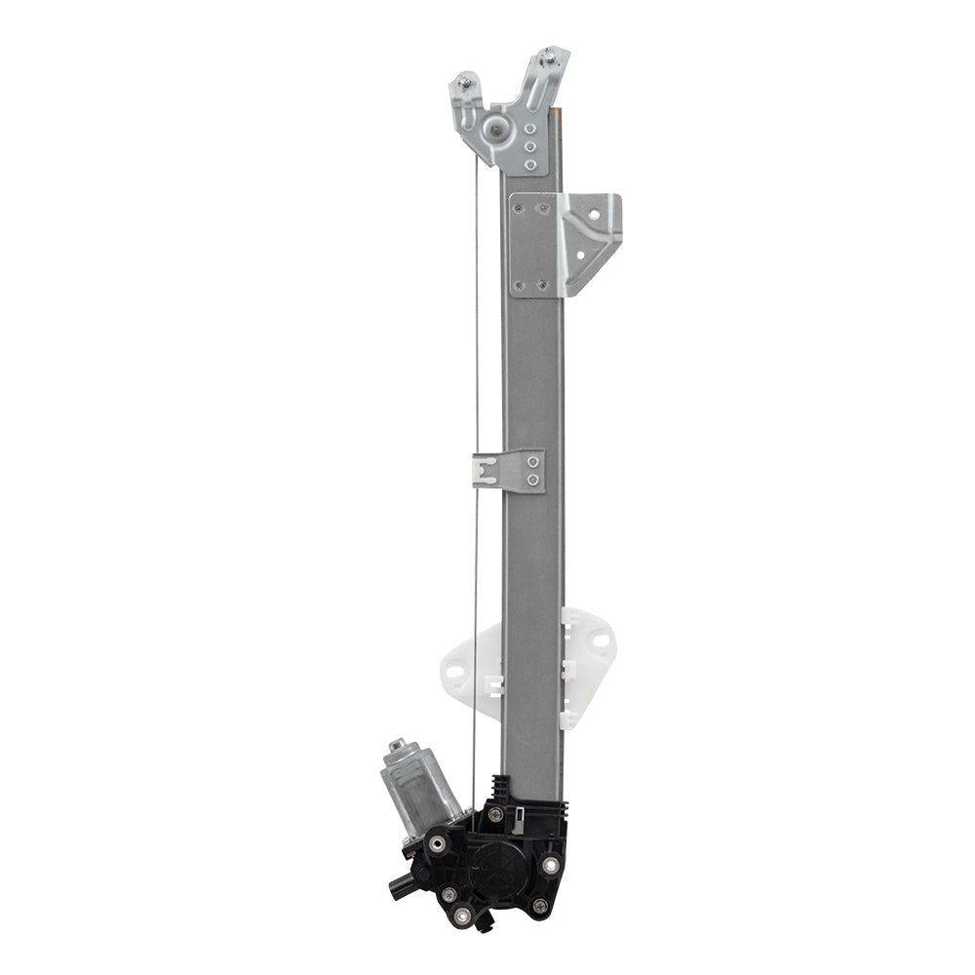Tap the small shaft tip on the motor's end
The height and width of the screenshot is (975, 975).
tap(396, 746)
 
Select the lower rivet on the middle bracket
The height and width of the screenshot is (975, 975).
tap(532, 480)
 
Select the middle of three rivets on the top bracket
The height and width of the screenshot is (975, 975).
tap(529, 146)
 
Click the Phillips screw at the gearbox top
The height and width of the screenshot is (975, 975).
tap(495, 814)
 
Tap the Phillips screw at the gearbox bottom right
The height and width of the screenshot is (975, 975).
tap(539, 906)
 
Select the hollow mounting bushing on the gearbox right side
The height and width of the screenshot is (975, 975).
tap(551, 864)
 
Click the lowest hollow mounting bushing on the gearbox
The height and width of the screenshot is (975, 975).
tap(463, 915)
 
